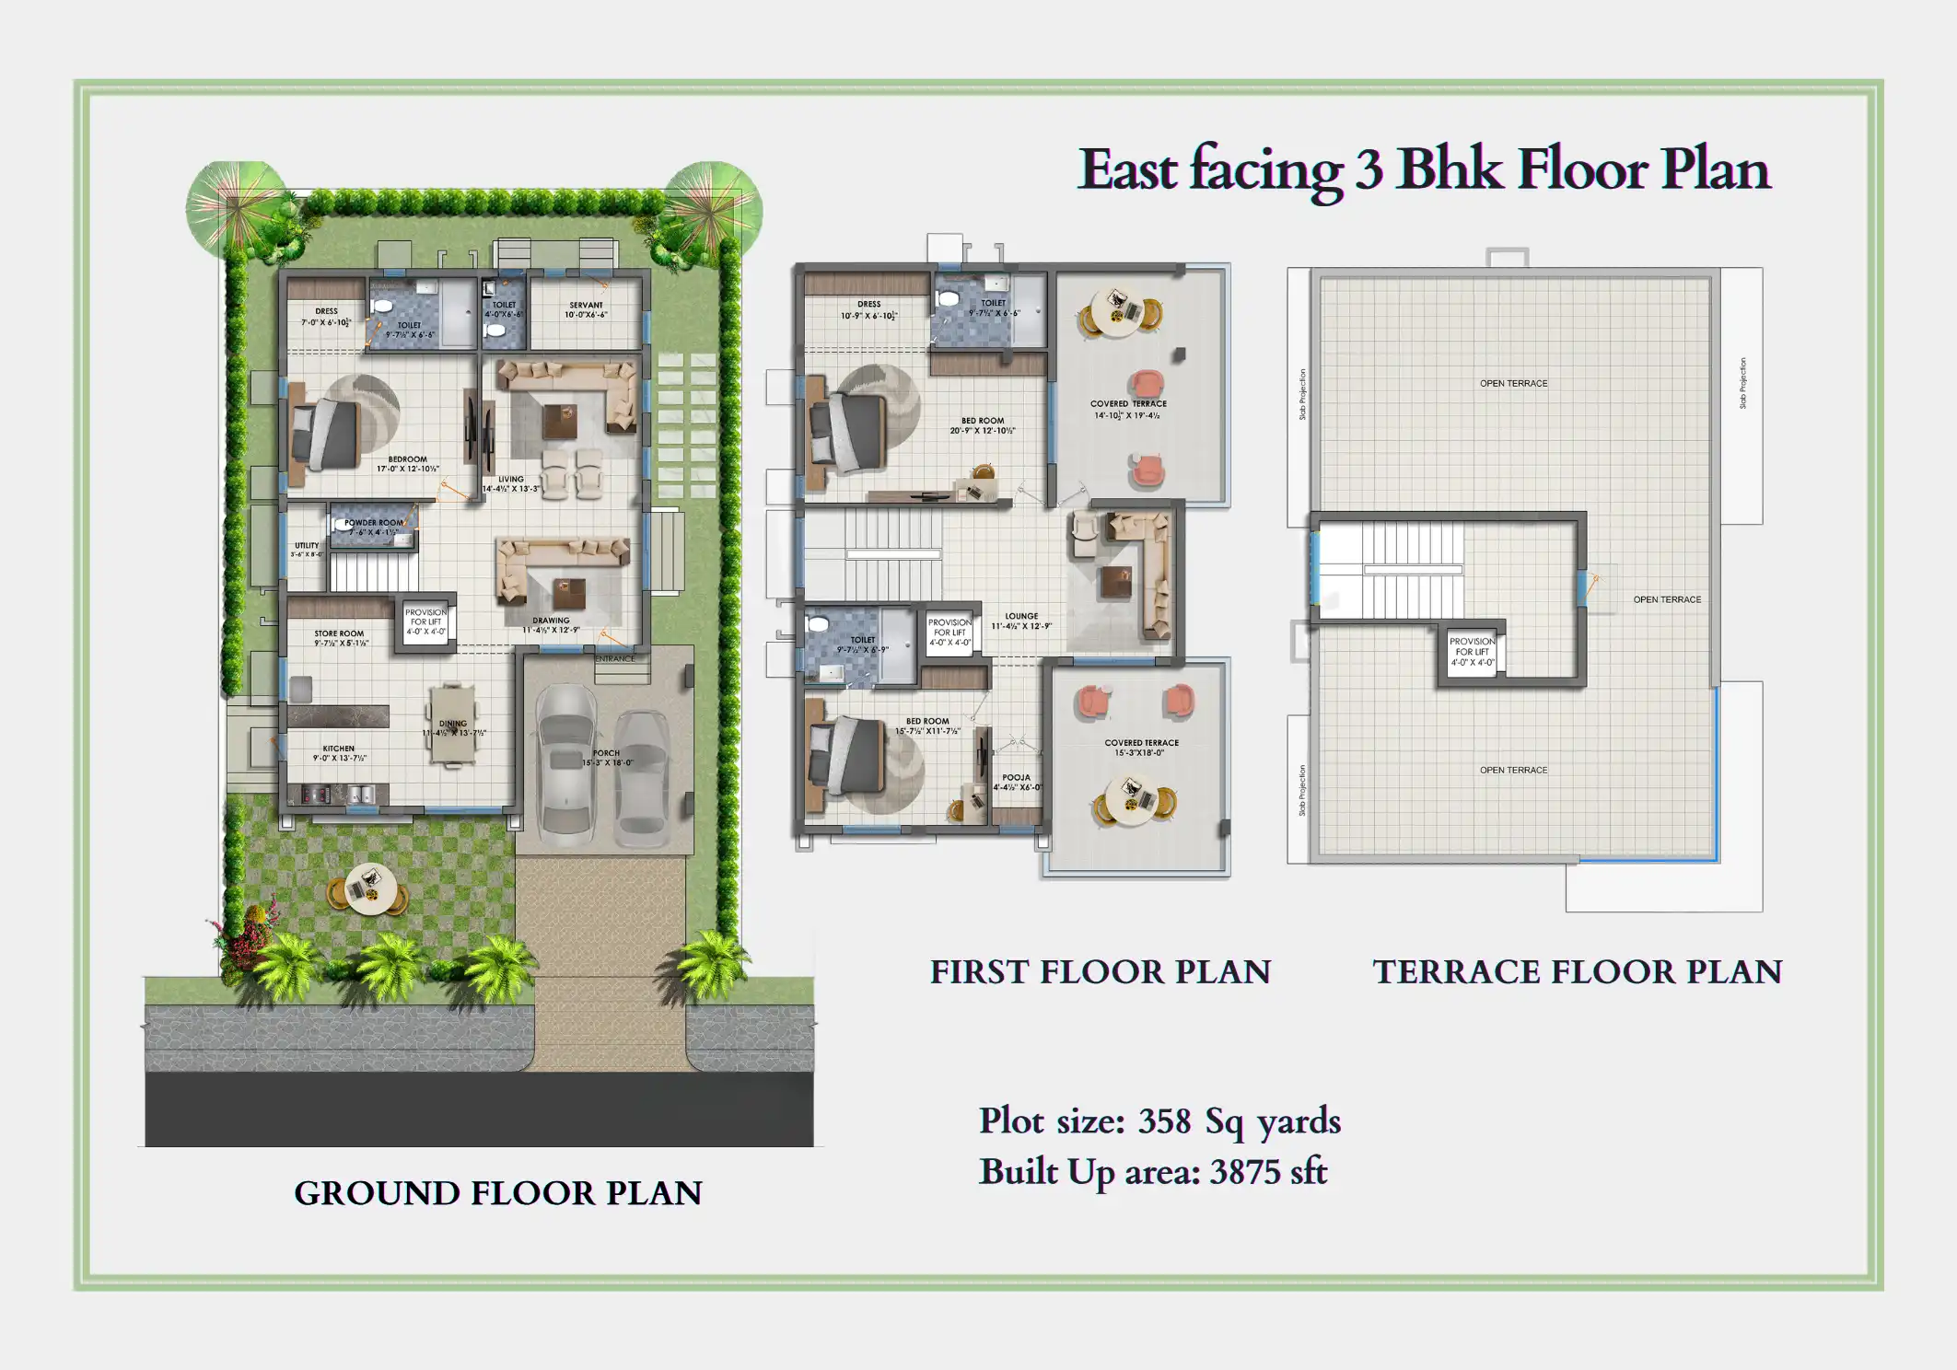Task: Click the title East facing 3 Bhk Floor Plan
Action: click(1423, 169)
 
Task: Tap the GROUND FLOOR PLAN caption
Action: click(497, 1193)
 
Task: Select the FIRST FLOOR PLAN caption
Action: click(1100, 972)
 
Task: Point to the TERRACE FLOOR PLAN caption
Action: click(1577, 972)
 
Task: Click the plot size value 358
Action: click(1164, 1121)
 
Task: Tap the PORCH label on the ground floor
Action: click(606, 753)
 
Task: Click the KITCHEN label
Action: click(338, 749)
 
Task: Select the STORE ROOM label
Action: click(339, 633)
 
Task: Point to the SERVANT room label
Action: click(586, 305)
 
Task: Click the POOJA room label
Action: click(1016, 777)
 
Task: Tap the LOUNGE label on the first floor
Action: click(1021, 616)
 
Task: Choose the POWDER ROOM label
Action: click(373, 523)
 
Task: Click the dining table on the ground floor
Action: click(451, 724)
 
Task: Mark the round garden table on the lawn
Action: click(367, 889)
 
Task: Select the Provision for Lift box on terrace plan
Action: click(1472, 652)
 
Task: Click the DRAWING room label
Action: click(551, 621)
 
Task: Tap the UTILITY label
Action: click(307, 546)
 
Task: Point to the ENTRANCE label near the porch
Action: click(614, 658)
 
